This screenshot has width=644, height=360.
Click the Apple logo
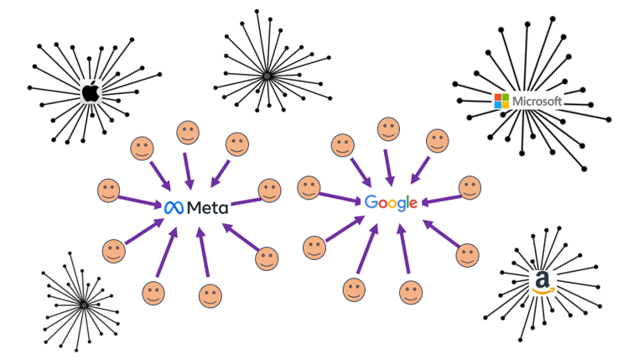click(x=90, y=91)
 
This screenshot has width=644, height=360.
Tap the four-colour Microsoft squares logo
click(x=501, y=102)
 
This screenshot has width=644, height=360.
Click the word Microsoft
click(x=538, y=102)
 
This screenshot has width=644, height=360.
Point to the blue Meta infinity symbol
click(x=174, y=206)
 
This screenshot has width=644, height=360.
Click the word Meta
click(x=206, y=206)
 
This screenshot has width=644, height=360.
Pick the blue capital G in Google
click(x=372, y=202)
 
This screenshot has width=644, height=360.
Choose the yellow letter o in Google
click(x=392, y=204)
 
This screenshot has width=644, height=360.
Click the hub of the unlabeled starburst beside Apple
click(x=267, y=77)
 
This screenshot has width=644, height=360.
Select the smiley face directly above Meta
click(x=187, y=133)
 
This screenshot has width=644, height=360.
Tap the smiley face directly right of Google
click(x=469, y=189)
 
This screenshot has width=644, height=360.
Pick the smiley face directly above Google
click(x=387, y=129)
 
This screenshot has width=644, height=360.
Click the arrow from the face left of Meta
click(x=141, y=200)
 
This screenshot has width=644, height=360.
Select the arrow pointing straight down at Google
click(x=388, y=169)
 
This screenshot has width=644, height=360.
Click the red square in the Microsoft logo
click(x=498, y=98)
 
